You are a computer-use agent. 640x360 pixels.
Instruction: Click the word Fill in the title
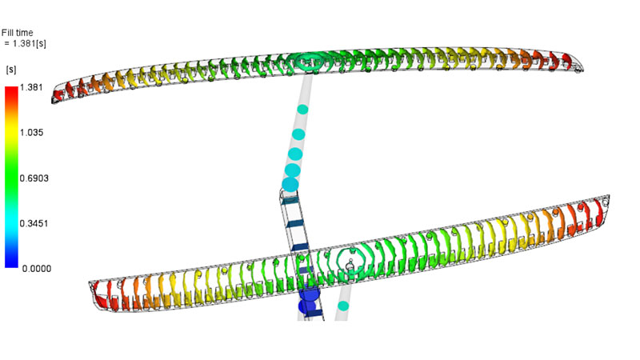click(x=8, y=33)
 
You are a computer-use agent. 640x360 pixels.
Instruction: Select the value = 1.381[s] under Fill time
click(x=25, y=43)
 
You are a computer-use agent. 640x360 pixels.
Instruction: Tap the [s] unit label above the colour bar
click(x=11, y=70)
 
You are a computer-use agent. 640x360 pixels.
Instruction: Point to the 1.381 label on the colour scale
click(x=31, y=87)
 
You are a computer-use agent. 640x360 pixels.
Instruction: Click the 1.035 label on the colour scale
click(x=31, y=133)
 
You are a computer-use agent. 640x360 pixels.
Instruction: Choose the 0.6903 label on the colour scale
click(x=34, y=178)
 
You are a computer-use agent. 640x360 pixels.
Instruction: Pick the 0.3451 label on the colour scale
click(x=34, y=224)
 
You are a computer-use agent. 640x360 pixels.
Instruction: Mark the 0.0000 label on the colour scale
click(x=37, y=269)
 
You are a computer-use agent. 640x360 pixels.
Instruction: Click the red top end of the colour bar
click(x=11, y=90)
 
